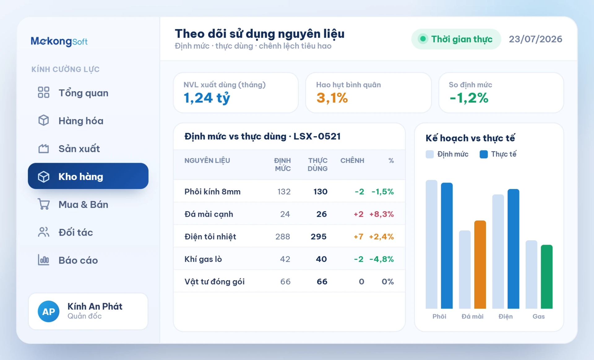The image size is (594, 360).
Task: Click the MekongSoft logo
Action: click(x=59, y=41)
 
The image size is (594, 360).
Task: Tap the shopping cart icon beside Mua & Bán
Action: click(x=44, y=204)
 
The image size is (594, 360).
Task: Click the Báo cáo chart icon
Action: click(x=43, y=260)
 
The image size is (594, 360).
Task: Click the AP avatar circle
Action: click(x=49, y=311)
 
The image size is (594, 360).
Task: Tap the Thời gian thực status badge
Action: click(x=456, y=39)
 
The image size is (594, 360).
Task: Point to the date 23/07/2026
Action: click(x=536, y=39)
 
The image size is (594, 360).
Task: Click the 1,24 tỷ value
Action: click(x=207, y=98)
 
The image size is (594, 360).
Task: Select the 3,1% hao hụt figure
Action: click(x=332, y=98)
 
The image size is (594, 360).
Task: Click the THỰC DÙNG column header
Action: click(x=317, y=165)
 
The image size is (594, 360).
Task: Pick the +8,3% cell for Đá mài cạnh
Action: click(x=381, y=214)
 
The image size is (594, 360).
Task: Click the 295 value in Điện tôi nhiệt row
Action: click(x=319, y=237)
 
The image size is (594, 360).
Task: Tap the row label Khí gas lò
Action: click(x=203, y=259)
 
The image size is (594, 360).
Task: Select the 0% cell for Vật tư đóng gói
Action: click(x=388, y=281)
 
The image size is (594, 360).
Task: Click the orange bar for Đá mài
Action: click(x=480, y=264)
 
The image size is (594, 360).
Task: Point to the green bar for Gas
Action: click(x=546, y=277)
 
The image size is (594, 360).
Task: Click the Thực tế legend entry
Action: click(x=498, y=154)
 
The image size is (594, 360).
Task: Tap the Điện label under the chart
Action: click(x=506, y=316)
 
